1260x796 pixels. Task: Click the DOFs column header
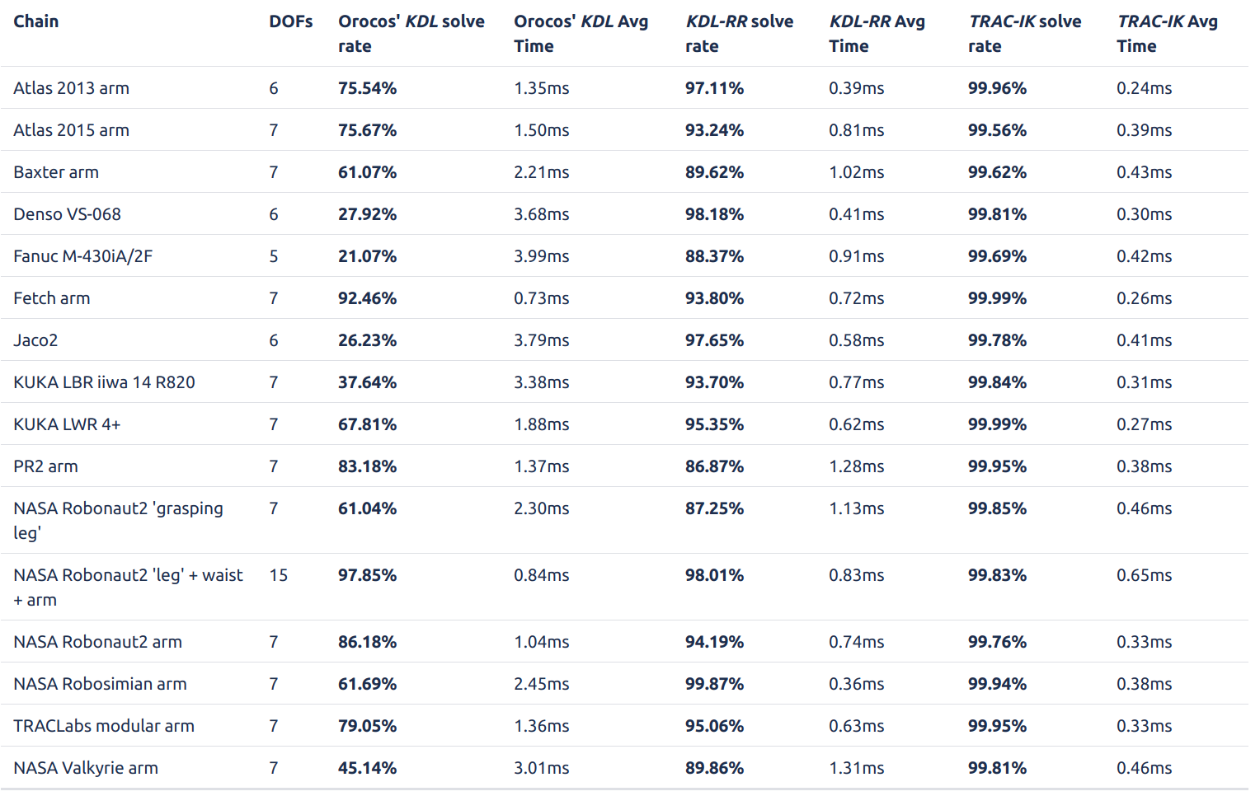pos(291,21)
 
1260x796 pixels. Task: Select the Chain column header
pos(36,21)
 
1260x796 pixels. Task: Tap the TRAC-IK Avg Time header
pos(1167,34)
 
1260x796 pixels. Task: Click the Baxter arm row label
pos(56,172)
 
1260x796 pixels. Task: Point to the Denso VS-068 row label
pos(67,214)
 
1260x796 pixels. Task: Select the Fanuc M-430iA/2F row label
pos(82,256)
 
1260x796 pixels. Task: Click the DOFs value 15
pos(279,575)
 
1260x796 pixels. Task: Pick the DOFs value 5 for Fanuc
pos(274,256)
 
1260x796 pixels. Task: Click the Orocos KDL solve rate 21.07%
pos(367,256)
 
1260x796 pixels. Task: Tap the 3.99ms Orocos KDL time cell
pos(541,256)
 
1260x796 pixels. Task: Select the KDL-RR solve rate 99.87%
pos(714,684)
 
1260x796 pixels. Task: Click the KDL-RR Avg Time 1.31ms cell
pos(856,768)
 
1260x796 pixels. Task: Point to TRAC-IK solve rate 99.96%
pos(997,88)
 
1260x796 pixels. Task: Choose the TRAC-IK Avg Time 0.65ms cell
pos(1144,575)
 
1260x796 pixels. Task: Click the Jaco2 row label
pos(35,340)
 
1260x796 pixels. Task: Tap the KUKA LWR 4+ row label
pos(67,424)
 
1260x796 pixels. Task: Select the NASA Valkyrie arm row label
pos(86,768)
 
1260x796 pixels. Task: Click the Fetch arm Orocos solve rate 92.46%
pos(367,298)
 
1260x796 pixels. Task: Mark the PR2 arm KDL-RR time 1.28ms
pos(856,466)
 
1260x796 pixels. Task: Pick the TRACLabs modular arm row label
pos(104,726)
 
